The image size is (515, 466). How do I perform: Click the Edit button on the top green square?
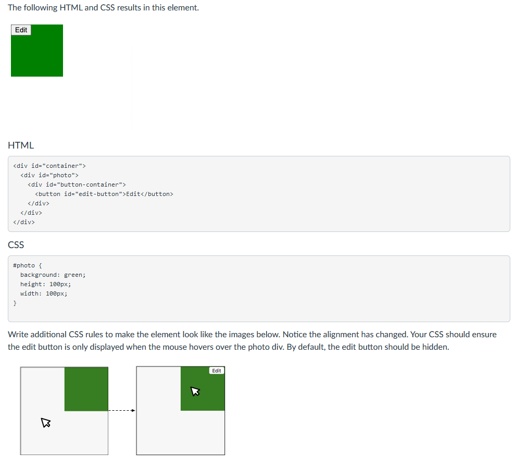(x=21, y=30)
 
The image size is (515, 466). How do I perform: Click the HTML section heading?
(x=21, y=145)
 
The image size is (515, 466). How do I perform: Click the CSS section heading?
(x=16, y=244)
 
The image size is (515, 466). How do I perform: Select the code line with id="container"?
(x=49, y=166)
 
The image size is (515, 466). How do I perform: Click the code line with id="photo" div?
(x=49, y=175)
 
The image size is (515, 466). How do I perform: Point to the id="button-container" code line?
(x=77, y=185)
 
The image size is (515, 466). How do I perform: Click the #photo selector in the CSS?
(x=23, y=265)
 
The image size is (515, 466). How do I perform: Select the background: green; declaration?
(x=53, y=275)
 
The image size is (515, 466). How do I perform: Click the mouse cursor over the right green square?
(x=195, y=391)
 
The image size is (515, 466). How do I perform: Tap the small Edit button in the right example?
(x=217, y=371)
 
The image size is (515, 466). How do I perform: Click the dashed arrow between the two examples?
(x=122, y=410)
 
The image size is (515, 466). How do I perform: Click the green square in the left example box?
(x=86, y=389)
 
